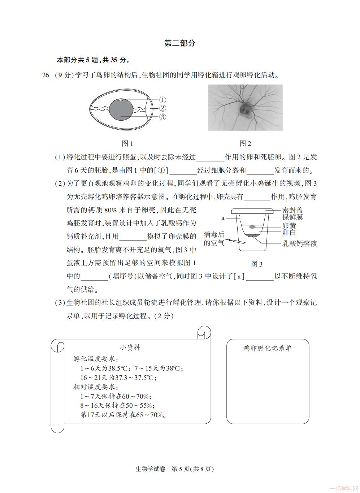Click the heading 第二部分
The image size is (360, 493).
(179, 43)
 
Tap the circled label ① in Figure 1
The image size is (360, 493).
(162, 100)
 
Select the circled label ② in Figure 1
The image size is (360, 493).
(162, 108)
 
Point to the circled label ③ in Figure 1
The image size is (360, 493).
(162, 117)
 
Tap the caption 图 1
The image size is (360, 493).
(127, 144)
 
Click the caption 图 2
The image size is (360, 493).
(245, 144)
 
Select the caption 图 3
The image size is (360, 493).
(257, 264)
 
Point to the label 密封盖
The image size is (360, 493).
(292, 210)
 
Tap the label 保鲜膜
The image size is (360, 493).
(292, 217)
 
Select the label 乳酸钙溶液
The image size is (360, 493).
(299, 243)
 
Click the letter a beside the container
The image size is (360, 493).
(223, 218)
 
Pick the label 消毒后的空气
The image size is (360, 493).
(214, 239)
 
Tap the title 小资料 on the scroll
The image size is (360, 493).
(130, 348)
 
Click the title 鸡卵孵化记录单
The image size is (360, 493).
(268, 348)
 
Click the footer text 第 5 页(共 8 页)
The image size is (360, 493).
(192, 469)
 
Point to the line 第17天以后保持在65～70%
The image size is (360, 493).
(123, 415)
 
